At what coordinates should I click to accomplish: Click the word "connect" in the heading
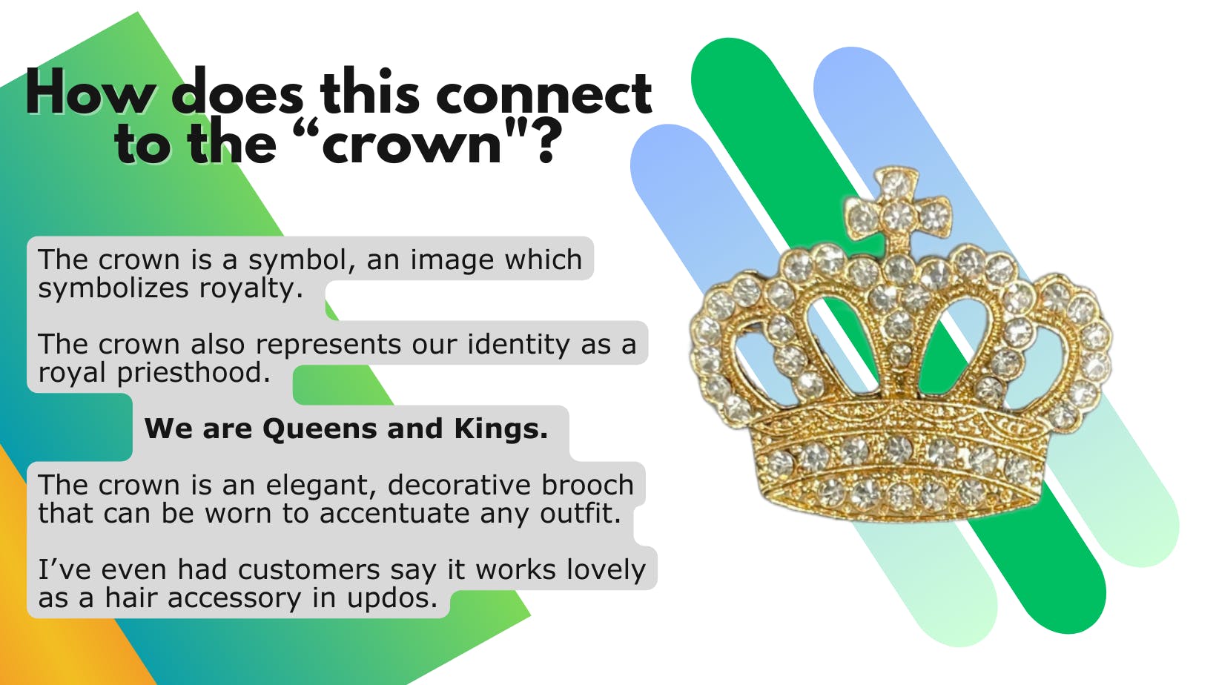[543, 93]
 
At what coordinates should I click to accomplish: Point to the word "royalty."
[251, 288]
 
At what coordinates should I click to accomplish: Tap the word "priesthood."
[194, 374]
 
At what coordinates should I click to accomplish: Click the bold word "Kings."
[501, 429]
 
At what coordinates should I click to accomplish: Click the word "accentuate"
[394, 514]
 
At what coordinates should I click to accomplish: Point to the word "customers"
[309, 571]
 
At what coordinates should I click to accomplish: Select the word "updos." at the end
[392, 599]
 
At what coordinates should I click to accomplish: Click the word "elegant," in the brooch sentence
[321, 486]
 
